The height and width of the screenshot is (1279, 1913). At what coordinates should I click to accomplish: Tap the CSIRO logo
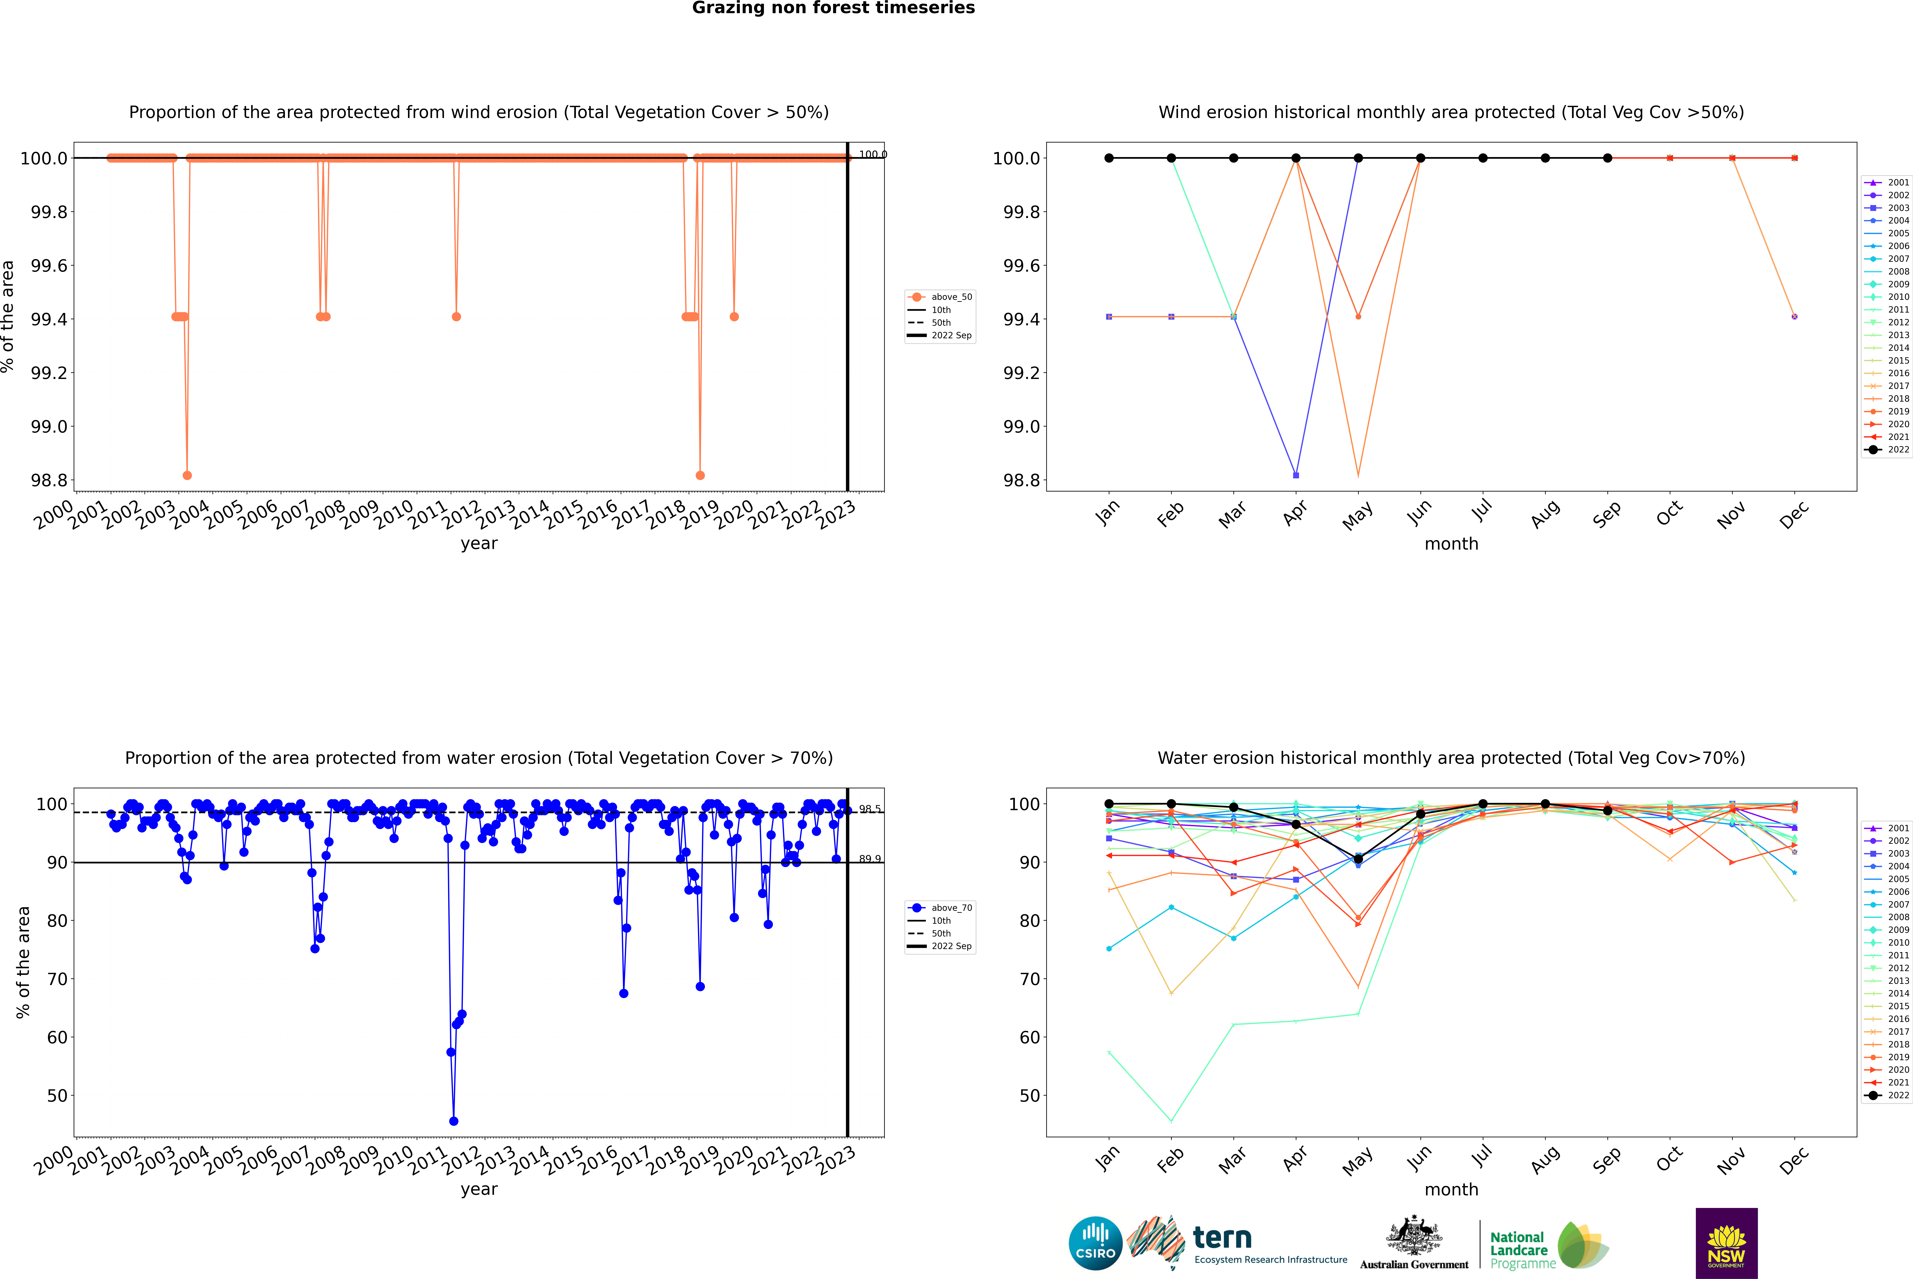pyautogui.click(x=1095, y=1243)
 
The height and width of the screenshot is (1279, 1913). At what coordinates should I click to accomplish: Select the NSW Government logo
pyautogui.click(x=1726, y=1243)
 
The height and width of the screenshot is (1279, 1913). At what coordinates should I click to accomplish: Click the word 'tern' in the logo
pyautogui.click(x=1222, y=1238)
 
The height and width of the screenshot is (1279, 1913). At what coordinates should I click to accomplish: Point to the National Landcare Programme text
pyautogui.click(x=1518, y=1250)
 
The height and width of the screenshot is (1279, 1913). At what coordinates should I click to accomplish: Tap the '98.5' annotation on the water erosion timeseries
pyautogui.click(x=869, y=809)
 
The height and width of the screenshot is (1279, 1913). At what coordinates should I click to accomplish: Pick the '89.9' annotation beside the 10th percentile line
pyautogui.click(x=869, y=859)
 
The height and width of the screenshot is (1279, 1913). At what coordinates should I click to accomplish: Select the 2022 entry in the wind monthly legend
pyautogui.click(x=1897, y=449)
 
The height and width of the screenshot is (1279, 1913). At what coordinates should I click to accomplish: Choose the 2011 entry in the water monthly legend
pyautogui.click(x=1897, y=955)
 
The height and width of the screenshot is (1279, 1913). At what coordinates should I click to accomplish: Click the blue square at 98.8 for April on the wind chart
pyautogui.click(x=1296, y=475)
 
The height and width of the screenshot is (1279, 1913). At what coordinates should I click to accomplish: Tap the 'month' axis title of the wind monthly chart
pyautogui.click(x=1451, y=544)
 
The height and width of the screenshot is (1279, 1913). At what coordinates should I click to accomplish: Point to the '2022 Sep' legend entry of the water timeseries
pyautogui.click(x=951, y=946)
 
